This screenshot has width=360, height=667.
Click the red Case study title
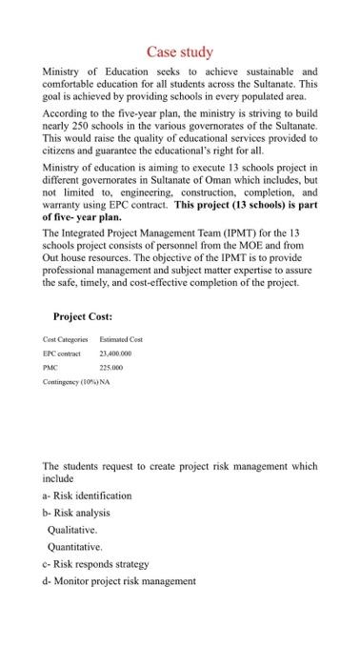[179, 51]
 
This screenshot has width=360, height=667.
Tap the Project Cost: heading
[84, 316]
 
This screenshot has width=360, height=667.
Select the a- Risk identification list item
[88, 495]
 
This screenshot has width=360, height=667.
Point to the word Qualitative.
[72, 530]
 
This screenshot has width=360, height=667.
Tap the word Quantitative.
[74, 547]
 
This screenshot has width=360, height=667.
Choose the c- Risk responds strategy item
[96, 564]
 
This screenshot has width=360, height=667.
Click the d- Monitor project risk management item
[119, 580]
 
